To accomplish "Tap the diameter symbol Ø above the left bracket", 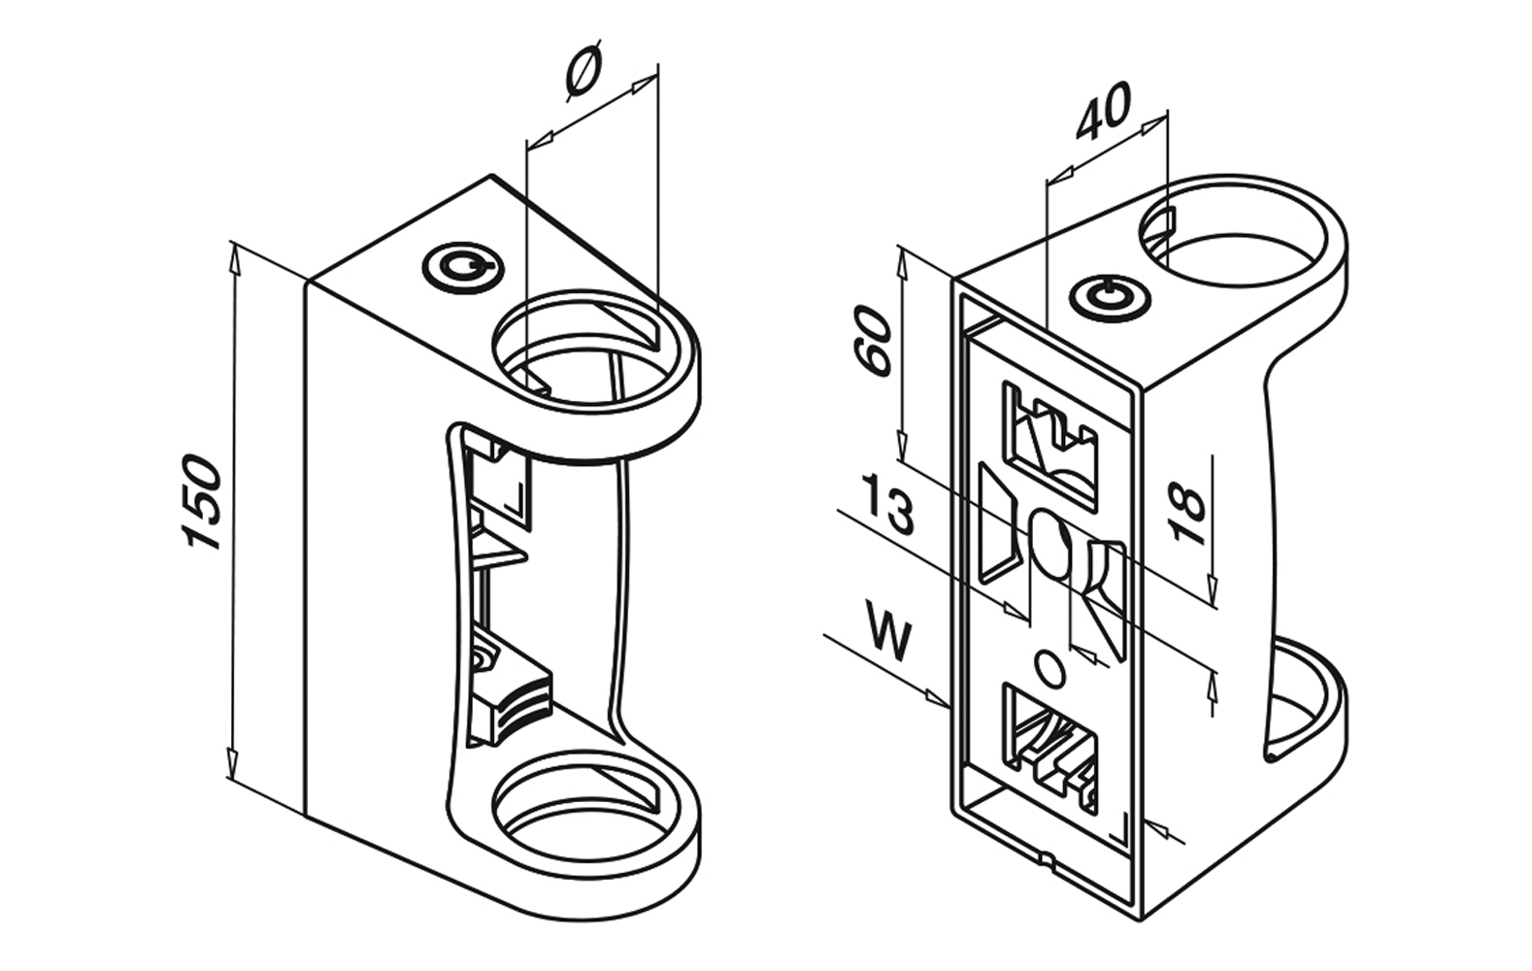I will point(583,71).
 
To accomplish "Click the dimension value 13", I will point(888,504).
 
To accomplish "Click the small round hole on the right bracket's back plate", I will point(1049,669).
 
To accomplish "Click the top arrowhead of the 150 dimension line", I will point(234,254).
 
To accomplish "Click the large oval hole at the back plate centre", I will point(1049,543).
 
